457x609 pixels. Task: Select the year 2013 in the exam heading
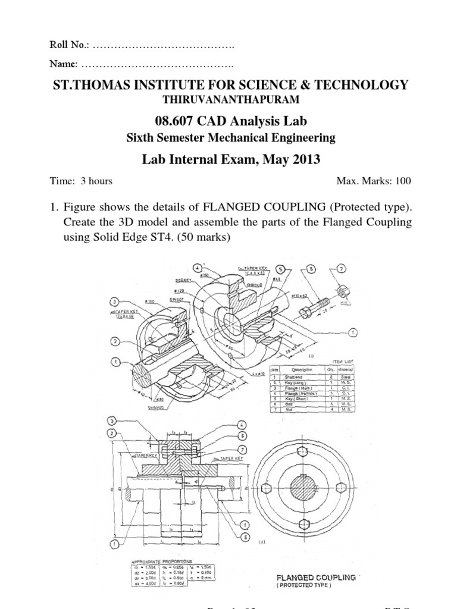pos(305,159)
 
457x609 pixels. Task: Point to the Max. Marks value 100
pos(402,181)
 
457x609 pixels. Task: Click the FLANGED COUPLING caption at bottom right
pos(324,577)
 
